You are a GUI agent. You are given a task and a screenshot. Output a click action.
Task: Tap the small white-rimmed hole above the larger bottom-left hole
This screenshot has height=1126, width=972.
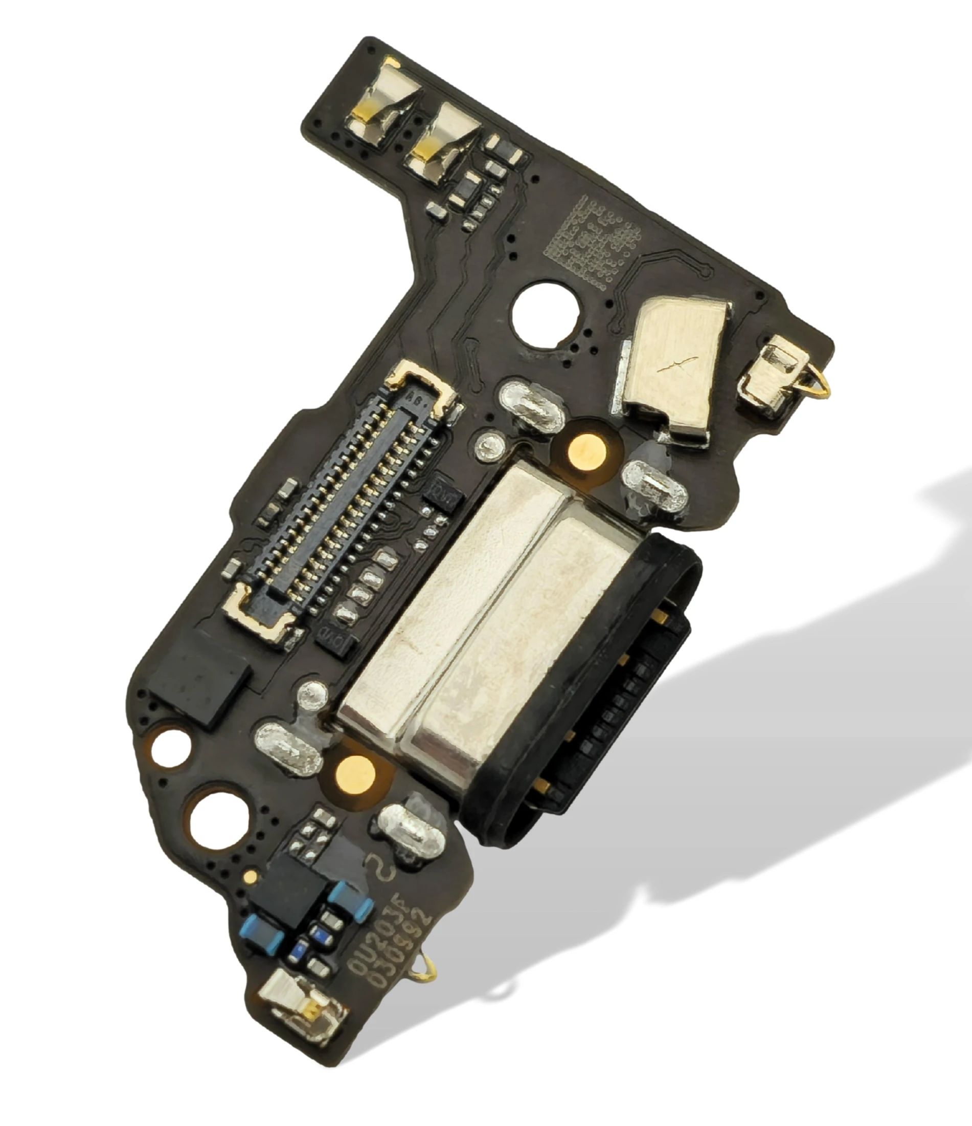point(170,749)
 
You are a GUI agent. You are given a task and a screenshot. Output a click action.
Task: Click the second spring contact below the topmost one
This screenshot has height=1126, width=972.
point(445,141)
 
